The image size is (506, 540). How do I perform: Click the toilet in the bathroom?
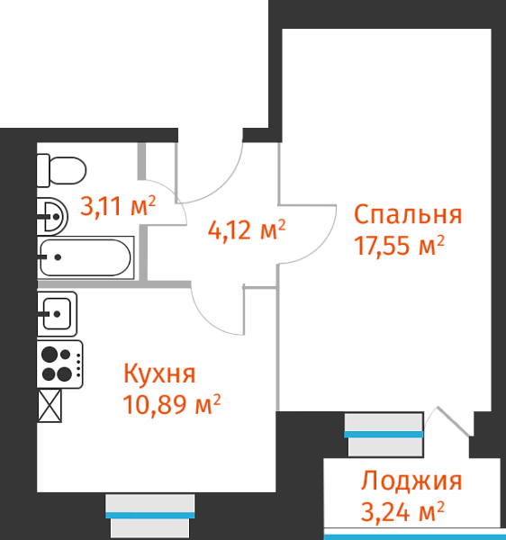coord(61,170)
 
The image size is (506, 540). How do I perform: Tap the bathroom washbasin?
coord(52,216)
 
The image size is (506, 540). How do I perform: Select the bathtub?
coord(85,257)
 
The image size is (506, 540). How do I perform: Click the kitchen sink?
coord(57,314)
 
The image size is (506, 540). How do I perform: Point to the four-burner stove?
coord(59,364)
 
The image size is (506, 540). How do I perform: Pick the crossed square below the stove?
coord(50,406)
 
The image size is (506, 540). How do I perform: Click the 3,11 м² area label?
coord(118,206)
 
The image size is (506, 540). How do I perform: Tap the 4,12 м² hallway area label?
coord(247,230)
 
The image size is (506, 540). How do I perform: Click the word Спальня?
coord(408,214)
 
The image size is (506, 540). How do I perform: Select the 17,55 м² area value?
coord(399,245)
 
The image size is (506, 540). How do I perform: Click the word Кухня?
coord(159,373)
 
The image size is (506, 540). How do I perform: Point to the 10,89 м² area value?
coord(172,403)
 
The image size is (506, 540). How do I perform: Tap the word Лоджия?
coord(411,481)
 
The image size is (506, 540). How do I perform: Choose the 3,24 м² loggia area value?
coord(402,511)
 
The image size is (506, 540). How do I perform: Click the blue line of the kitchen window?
coord(149,515)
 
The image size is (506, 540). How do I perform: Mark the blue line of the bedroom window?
coord(384,435)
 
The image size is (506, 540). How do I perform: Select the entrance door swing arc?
coord(224,186)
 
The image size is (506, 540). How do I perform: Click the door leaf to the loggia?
coord(453,421)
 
